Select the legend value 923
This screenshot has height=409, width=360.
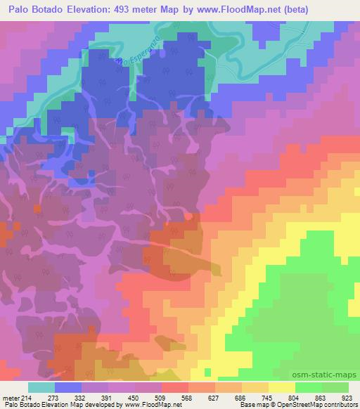[347, 397]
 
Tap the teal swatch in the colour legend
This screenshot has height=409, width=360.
[41, 387]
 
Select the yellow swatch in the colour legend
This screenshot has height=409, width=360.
[281, 387]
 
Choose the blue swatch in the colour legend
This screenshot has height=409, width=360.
[68, 387]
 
